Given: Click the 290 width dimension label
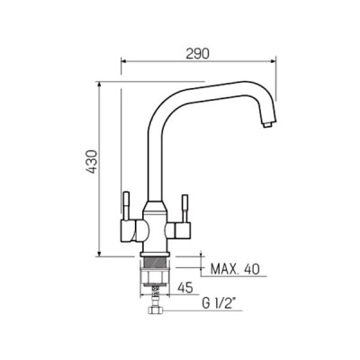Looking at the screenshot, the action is (197, 54).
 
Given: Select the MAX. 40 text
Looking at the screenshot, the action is (235, 269).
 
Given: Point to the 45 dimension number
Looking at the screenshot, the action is (184, 288).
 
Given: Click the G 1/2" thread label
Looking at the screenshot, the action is (219, 304).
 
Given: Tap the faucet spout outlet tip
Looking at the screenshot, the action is (267, 123).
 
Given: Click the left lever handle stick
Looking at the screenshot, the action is (127, 206).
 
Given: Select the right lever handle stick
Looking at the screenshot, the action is (184, 209).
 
